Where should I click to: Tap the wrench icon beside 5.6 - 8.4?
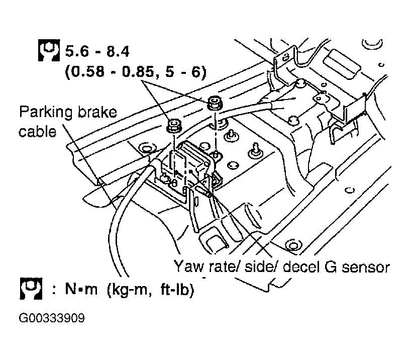(49, 50)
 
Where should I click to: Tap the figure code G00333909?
(51, 319)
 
